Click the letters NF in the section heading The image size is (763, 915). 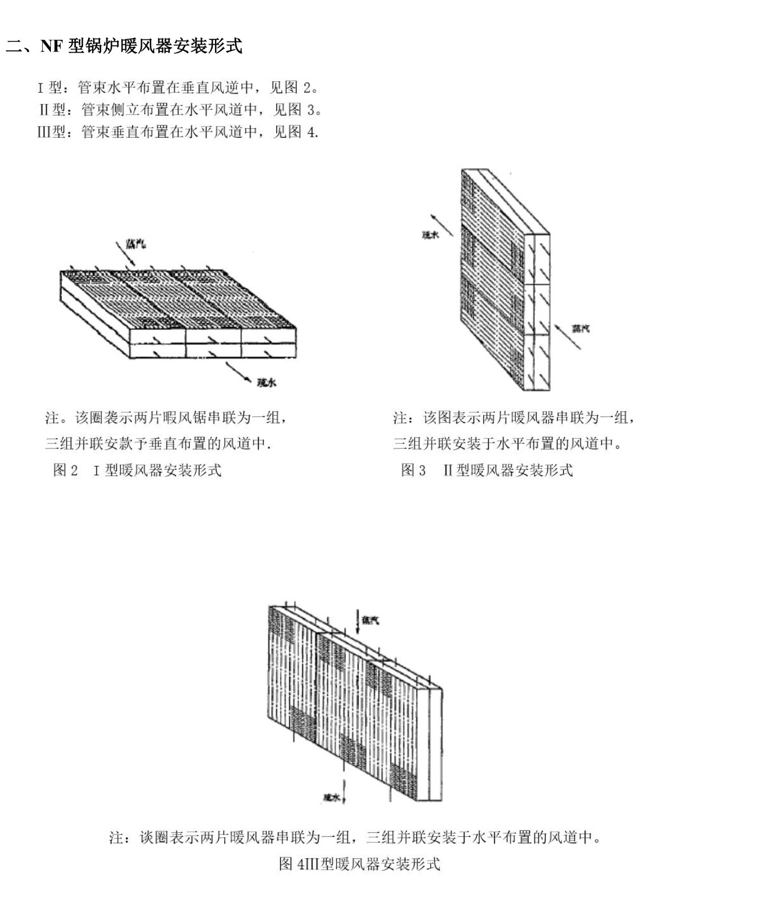click(51, 46)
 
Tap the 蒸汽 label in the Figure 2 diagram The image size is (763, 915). click(136, 244)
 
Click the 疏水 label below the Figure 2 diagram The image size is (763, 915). click(267, 383)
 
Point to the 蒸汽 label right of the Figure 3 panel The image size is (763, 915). click(581, 328)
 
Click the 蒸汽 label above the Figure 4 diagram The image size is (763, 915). click(370, 620)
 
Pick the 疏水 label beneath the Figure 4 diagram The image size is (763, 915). click(331, 797)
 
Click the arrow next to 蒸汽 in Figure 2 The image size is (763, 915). click(125, 253)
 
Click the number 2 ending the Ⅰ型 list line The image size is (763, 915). click(307, 87)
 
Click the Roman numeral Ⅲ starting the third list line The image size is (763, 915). click(43, 132)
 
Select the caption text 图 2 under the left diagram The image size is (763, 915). click(65, 470)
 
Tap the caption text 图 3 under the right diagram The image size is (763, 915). click(413, 470)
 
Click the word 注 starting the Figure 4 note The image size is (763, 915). click(116, 838)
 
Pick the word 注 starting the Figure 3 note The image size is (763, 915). click(399, 418)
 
